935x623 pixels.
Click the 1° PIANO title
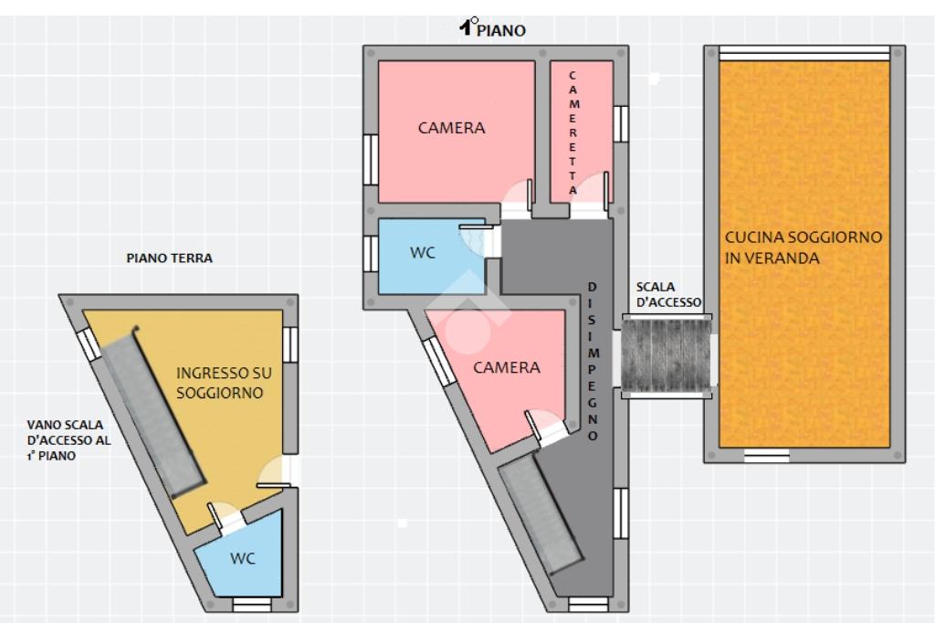[492, 28]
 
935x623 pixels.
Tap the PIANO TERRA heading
[169, 259]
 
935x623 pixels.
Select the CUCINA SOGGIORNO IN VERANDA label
[803, 248]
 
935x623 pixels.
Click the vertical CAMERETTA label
[573, 133]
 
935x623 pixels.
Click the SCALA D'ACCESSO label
[668, 295]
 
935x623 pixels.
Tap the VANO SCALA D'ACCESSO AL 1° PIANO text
[68, 440]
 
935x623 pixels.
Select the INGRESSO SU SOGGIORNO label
[224, 383]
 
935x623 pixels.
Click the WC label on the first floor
[422, 253]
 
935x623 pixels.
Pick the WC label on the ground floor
[243, 558]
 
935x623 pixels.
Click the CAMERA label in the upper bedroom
[451, 128]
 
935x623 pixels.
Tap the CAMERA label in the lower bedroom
[506, 367]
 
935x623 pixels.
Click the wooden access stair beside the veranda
[666, 355]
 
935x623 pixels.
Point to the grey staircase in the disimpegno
[541, 513]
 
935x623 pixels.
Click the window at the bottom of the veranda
[766, 457]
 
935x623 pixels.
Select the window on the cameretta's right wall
[621, 124]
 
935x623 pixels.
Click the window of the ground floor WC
[251, 605]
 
